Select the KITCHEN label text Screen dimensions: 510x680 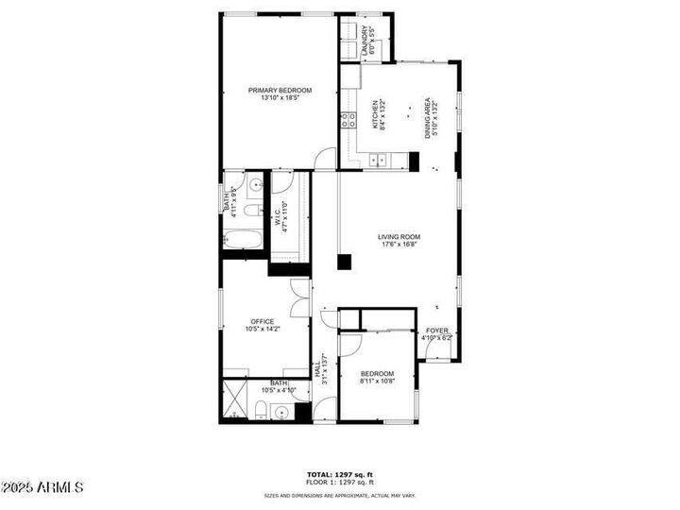375,115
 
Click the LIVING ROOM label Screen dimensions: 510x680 399,237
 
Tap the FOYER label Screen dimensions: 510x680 437,331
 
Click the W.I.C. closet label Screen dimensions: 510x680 280,218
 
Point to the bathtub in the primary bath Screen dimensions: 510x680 245,239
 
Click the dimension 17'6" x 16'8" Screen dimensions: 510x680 399,245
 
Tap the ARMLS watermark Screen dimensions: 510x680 43,487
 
